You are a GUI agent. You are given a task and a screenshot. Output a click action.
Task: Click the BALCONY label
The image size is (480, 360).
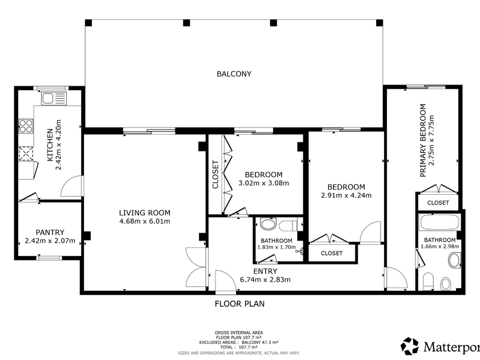click(x=234, y=74)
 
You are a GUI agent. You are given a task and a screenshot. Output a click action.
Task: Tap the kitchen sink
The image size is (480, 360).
click(x=54, y=98)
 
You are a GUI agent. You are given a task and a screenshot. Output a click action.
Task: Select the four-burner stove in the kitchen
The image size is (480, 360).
click(x=26, y=126)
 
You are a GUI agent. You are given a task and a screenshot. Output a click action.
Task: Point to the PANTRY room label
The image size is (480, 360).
click(x=50, y=233)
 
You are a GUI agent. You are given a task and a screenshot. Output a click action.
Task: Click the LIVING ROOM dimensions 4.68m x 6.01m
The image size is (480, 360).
click(x=145, y=221)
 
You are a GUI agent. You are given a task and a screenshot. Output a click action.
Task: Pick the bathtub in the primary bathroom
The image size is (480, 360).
click(x=440, y=222)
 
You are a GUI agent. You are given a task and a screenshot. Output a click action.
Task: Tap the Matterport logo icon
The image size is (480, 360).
click(x=410, y=346)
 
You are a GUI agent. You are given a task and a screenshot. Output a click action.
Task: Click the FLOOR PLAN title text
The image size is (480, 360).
click(x=239, y=303)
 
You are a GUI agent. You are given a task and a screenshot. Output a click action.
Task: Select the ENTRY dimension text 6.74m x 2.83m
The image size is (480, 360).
click(x=265, y=279)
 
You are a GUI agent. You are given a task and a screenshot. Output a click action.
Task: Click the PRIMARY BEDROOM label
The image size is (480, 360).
click(x=423, y=140)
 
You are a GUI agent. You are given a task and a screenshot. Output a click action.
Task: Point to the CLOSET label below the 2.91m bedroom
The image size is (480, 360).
click(x=331, y=253)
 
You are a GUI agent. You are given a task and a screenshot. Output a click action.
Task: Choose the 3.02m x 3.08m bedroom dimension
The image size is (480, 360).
click(x=263, y=183)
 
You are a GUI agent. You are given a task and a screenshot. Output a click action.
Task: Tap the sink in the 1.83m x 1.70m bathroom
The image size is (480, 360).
click(x=268, y=224)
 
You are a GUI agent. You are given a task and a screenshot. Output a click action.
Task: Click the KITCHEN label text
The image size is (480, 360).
click(x=50, y=145)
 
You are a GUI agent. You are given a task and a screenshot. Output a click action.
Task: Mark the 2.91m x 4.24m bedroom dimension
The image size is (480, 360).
click(x=346, y=195)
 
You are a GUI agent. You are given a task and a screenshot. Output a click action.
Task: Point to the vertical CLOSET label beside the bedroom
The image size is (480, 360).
click(x=215, y=174)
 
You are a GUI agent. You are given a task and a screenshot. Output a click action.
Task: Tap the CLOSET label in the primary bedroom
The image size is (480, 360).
click(x=438, y=203)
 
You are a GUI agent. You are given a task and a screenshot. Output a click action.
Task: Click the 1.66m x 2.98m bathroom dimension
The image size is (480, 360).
click(x=440, y=246)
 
